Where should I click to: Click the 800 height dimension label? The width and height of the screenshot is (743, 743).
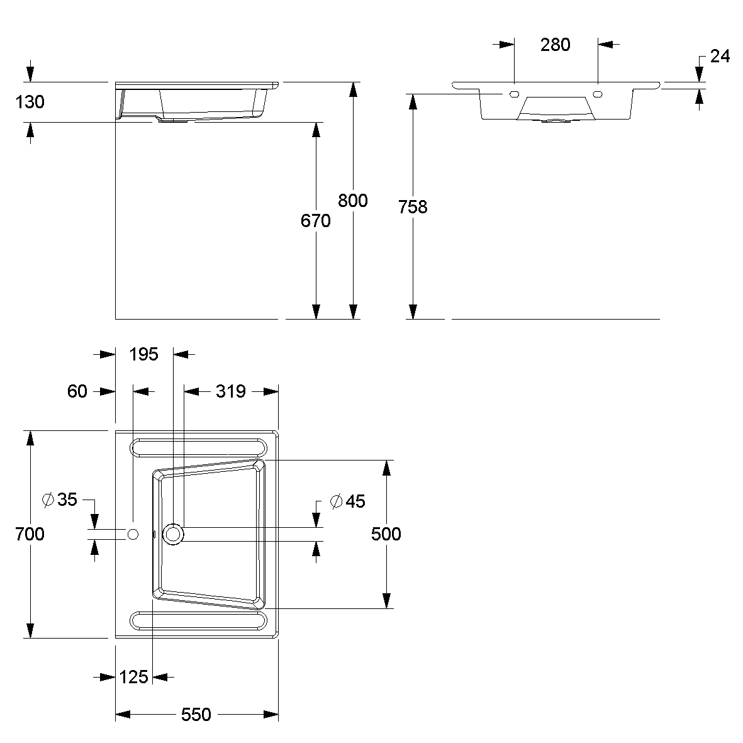tap(352, 201)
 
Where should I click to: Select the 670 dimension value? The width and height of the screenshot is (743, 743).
tap(316, 221)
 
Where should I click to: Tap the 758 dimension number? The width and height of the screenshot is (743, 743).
tap(413, 206)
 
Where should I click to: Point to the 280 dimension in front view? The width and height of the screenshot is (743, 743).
tap(556, 45)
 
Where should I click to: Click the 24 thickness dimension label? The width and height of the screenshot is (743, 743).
tap(720, 57)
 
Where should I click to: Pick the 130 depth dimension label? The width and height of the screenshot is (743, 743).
tap(30, 101)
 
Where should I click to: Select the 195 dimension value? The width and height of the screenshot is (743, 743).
tap(143, 354)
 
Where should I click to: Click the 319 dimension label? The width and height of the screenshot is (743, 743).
tap(230, 391)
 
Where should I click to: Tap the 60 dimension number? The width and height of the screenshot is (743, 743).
tap(77, 391)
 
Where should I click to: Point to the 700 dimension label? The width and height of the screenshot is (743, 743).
tap(30, 534)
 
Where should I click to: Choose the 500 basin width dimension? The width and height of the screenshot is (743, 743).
tap(386, 534)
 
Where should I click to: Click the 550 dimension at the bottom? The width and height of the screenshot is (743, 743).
tap(196, 715)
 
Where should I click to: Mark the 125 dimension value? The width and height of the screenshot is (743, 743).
tap(133, 677)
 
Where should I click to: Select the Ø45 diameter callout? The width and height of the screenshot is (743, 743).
tap(348, 501)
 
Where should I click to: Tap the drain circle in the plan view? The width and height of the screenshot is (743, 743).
tap(174, 534)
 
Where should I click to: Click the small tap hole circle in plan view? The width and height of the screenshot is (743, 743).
tap(133, 534)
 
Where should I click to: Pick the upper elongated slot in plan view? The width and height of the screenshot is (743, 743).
tap(198, 447)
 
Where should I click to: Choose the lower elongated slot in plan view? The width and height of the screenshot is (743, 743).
tap(198, 621)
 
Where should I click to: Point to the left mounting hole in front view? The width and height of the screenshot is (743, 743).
tap(514, 95)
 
